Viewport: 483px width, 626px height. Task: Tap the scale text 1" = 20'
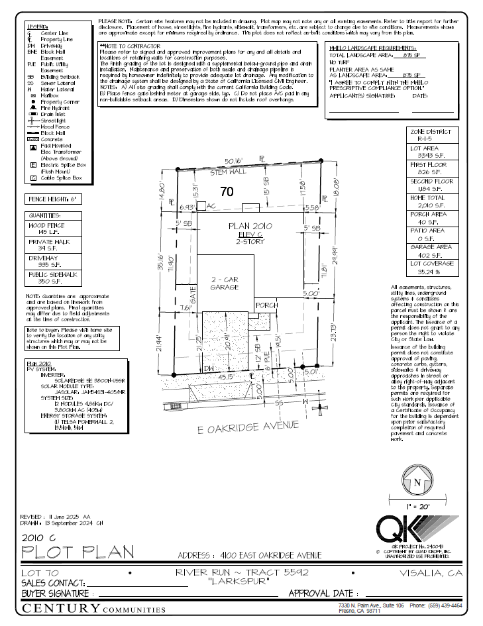click(x=417, y=505)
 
